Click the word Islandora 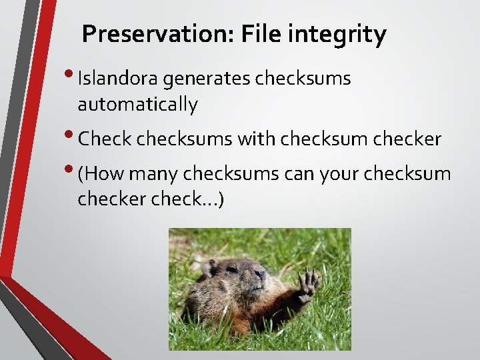click(x=118, y=79)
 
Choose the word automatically click(x=137, y=105)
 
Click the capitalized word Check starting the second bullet click(x=105, y=139)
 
